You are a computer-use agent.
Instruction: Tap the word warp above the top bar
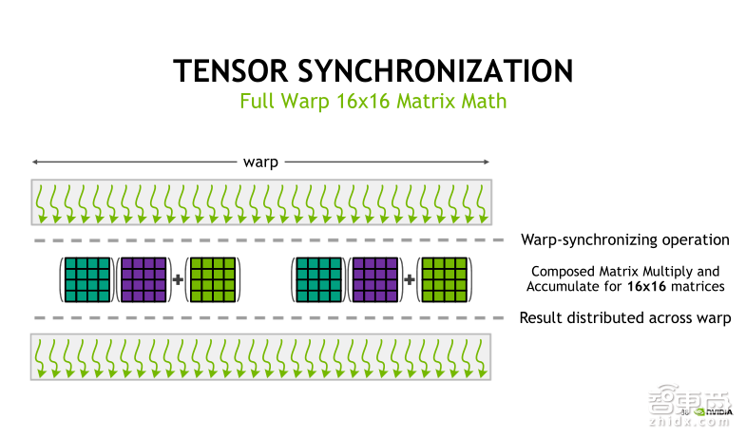tap(260, 162)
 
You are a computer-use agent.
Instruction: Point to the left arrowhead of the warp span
tap(34, 162)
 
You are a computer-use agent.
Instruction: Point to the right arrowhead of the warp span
tap(488, 162)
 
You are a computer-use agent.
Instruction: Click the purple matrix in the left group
tap(143, 279)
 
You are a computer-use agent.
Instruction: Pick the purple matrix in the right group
tap(376, 279)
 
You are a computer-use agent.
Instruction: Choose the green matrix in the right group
tap(444, 279)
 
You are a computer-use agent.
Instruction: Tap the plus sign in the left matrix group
tap(178, 279)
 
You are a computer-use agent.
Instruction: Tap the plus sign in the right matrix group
tap(411, 279)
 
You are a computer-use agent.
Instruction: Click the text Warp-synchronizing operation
tap(624, 239)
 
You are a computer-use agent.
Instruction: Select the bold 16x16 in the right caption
tap(644, 286)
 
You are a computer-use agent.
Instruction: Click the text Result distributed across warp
tap(624, 318)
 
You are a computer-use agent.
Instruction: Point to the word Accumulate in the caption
tap(560, 286)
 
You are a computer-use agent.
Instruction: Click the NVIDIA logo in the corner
tap(715, 412)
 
